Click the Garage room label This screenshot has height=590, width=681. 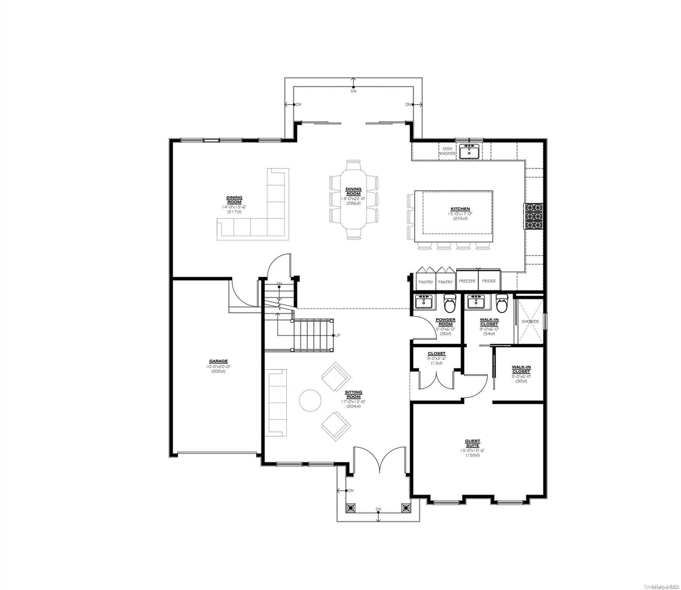coord(218,361)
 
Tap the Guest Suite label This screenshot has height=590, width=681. coord(472,443)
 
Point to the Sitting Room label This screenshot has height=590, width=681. coord(353,394)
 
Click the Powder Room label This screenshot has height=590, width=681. coord(445,322)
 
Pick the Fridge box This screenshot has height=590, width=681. coord(489,281)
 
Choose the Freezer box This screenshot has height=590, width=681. coord(467,281)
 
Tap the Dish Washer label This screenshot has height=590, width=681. coord(447,151)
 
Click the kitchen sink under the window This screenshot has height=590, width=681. coord(469,151)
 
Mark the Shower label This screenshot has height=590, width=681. coord(530,322)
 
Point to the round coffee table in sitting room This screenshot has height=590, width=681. coord(310,401)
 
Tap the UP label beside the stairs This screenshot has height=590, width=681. coord(338,335)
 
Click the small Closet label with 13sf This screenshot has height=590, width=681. coord(437,353)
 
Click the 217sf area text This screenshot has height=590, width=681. coord(234,212)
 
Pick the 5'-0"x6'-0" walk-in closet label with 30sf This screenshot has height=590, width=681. coord(521,369)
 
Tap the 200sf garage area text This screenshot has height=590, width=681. coord(218,371)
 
